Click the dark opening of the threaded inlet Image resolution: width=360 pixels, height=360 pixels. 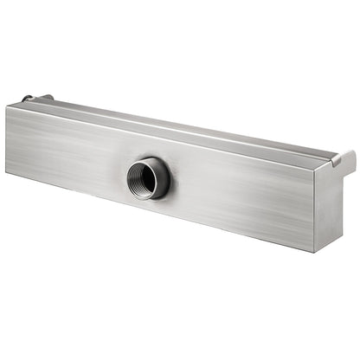[x=142, y=178]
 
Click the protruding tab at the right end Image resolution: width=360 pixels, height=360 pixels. [x=344, y=159]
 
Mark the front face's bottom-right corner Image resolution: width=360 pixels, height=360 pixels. [x=313, y=252]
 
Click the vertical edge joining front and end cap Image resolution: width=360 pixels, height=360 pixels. [x=315, y=208]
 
